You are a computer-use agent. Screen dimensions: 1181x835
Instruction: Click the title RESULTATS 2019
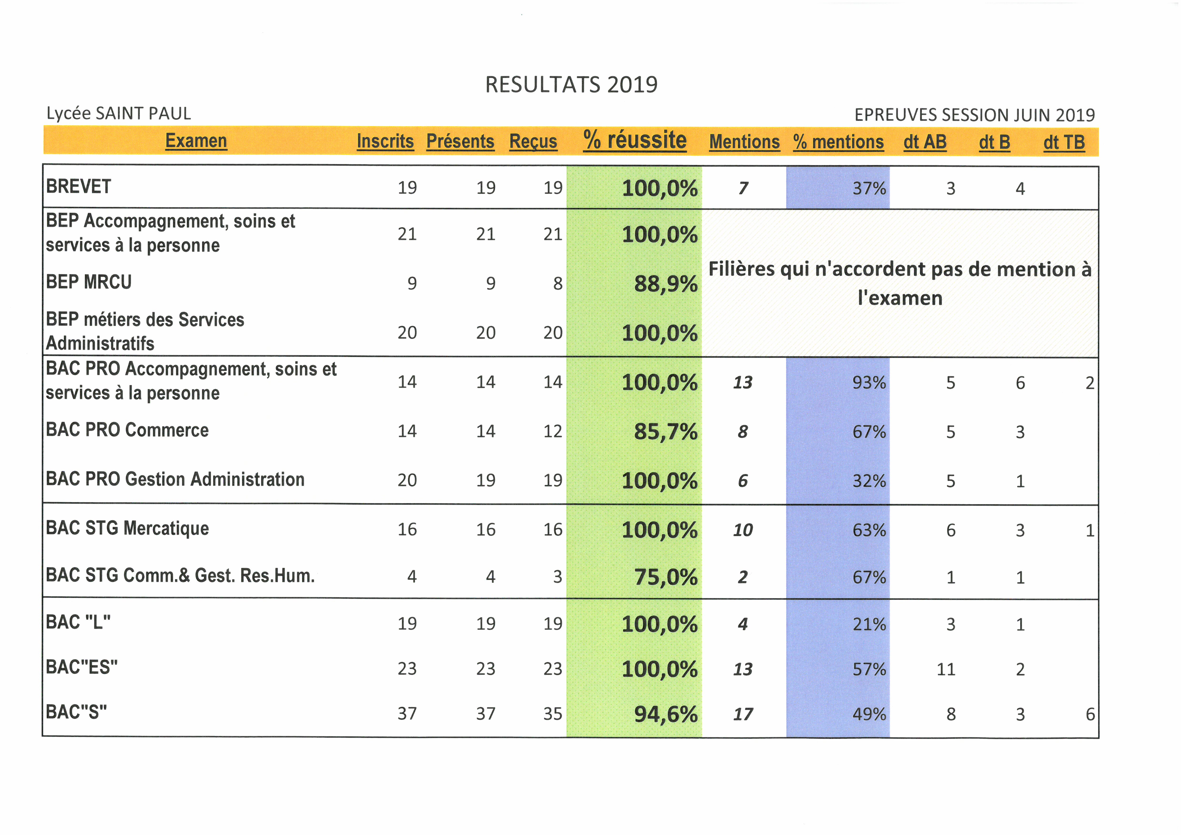point(571,84)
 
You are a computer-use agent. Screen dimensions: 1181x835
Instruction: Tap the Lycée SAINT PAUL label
point(119,113)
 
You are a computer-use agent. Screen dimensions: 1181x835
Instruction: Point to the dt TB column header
point(1064,142)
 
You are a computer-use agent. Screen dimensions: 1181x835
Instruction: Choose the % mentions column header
point(838,141)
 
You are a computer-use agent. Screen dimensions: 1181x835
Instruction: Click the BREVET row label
point(79,186)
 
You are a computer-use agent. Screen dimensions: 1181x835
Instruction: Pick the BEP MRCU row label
point(89,282)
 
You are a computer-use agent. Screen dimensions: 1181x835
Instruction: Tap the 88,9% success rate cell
point(666,284)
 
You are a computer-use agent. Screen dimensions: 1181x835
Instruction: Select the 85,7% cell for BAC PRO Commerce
point(666,431)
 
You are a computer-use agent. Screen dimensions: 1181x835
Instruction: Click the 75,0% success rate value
point(666,577)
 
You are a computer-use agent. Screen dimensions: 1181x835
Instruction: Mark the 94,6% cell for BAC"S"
point(666,714)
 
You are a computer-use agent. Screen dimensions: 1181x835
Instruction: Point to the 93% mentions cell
point(869,382)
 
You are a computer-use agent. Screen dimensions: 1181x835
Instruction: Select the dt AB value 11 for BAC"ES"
point(946,669)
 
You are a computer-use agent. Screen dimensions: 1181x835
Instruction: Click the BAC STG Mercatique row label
point(128,528)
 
